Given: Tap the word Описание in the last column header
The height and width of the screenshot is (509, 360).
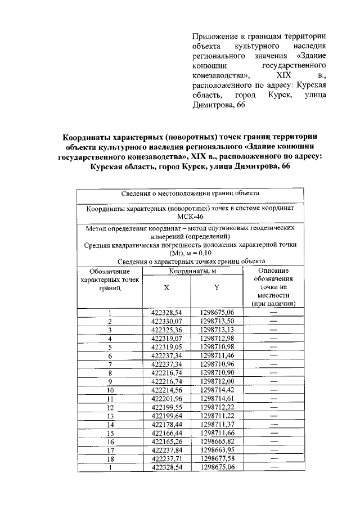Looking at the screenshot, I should pos(274,271).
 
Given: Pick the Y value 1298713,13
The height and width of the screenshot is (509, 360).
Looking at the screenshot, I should pos(217,329).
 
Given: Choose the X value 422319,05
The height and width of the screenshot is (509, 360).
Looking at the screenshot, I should pos(167,346).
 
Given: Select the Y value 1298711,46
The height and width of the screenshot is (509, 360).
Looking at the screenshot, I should pos(217,355).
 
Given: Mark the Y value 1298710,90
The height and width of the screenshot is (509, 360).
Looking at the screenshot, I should pos(217,372).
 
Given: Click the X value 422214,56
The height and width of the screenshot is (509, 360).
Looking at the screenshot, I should pos(167,389).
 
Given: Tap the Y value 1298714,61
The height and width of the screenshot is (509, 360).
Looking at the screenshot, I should pos(217,398).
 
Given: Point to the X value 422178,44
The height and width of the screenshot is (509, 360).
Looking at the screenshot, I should pos(167,424).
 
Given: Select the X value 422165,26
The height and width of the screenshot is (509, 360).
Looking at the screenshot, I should pos(167,442).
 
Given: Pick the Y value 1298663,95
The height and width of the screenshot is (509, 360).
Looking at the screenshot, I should pos(217,450).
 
